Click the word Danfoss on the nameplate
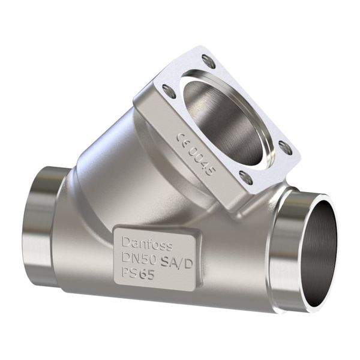click(x=142, y=243)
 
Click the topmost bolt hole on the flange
click(x=209, y=61)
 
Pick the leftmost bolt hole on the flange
click(x=170, y=92)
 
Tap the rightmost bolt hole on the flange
click(x=285, y=146)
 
